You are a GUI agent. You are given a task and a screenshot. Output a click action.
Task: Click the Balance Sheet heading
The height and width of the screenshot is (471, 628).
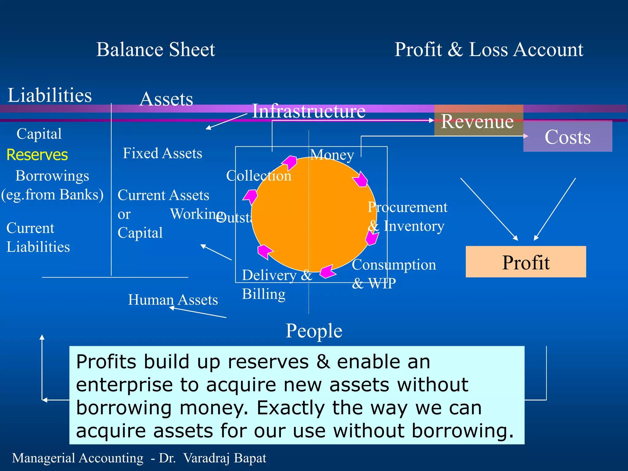pos(155,50)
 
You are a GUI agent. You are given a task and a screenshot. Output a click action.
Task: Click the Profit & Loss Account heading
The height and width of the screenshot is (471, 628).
pos(488,50)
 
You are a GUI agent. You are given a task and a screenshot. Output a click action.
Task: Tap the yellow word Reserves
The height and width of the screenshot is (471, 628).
pos(37,155)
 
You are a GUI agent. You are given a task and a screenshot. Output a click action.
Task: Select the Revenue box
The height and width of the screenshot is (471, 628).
pos(478,121)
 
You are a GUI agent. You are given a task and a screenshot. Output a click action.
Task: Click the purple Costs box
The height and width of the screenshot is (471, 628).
pos(568,137)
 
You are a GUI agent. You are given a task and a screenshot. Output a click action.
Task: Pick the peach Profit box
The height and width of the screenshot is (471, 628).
pos(526,262)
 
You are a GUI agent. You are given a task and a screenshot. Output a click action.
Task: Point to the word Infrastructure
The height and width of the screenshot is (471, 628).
pos(308,111)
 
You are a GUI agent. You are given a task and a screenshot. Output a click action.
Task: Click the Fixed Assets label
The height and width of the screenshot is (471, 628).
pos(163,153)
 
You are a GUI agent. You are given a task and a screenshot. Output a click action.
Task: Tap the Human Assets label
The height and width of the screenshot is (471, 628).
pos(173,300)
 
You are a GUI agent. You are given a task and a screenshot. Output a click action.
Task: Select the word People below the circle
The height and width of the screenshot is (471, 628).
pos(314,331)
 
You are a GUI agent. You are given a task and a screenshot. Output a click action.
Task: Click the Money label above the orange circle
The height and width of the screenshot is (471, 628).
pos(332,155)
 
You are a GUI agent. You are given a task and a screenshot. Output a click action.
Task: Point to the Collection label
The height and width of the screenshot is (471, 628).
pos(258,176)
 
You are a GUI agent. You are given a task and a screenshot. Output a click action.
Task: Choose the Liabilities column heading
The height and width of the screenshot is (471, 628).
pos(49,95)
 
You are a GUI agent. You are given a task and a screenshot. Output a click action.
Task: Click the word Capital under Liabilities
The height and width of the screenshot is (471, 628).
pos(39,134)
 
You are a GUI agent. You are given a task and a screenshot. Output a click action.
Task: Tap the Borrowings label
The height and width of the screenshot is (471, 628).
pos(52,176)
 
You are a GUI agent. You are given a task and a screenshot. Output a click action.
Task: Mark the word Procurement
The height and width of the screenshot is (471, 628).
pos(407,208)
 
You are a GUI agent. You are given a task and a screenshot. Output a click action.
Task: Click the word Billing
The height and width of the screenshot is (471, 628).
pos(264,294)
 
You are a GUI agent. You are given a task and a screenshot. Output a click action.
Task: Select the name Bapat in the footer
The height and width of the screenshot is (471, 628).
pos(250,458)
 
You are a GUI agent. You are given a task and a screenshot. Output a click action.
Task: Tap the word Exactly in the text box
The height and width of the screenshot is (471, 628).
pos(290,408)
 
